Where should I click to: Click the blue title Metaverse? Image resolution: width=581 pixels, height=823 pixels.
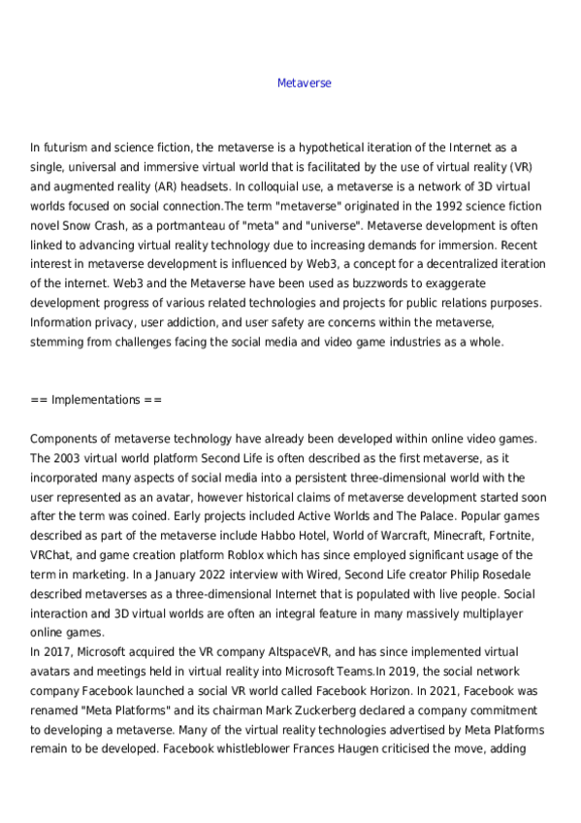[x=304, y=82]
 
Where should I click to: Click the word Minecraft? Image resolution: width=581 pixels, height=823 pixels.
[x=431, y=536]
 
